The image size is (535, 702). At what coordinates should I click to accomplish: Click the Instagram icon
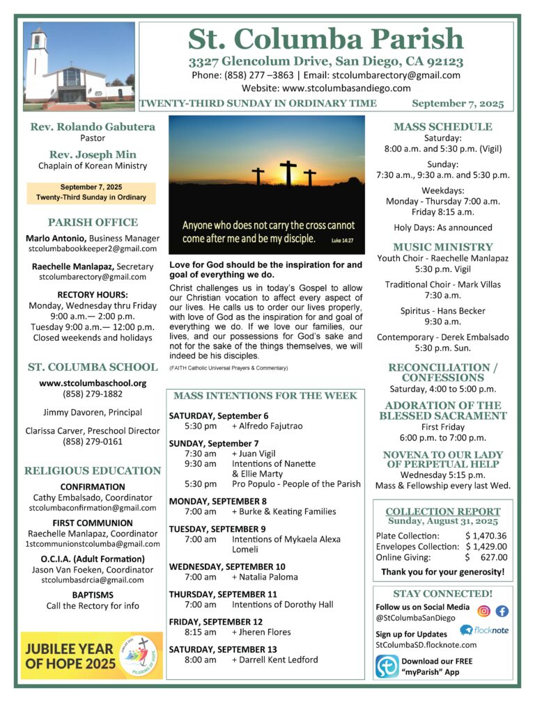tap(484, 611)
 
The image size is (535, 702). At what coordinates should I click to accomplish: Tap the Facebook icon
tap(502, 611)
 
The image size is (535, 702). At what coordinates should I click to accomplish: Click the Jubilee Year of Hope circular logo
tap(139, 655)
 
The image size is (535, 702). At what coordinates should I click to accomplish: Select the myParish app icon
tap(387, 666)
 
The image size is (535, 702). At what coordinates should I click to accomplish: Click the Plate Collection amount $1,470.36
tap(486, 536)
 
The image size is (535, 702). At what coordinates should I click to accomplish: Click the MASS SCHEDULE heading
tap(442, 127)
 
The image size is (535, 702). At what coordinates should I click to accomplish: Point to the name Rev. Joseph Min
tap(92, 154)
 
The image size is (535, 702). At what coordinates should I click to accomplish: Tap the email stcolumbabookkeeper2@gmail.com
tap(92, 248)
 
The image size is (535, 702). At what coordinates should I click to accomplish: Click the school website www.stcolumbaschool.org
tap(92, 383)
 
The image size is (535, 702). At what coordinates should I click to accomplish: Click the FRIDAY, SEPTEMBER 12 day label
tap(216, 621)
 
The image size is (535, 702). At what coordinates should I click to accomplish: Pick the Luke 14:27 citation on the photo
tap(346, 241)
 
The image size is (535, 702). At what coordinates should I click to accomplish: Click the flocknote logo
tap(486, 630)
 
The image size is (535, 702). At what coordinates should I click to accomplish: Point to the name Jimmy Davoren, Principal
tap(92, 412)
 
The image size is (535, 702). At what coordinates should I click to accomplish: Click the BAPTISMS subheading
tap(92, 594)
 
